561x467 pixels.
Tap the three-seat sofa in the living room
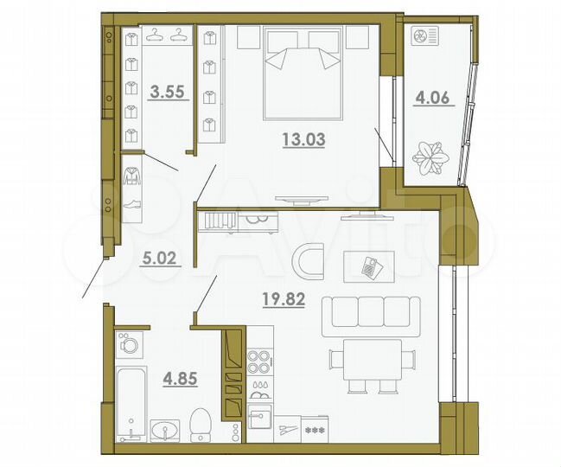(x=371, y=316)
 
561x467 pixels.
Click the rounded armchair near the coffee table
(x=308, y=261)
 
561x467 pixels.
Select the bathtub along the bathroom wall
(x=130, y=403)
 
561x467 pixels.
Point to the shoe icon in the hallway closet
(x=133, y=206)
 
